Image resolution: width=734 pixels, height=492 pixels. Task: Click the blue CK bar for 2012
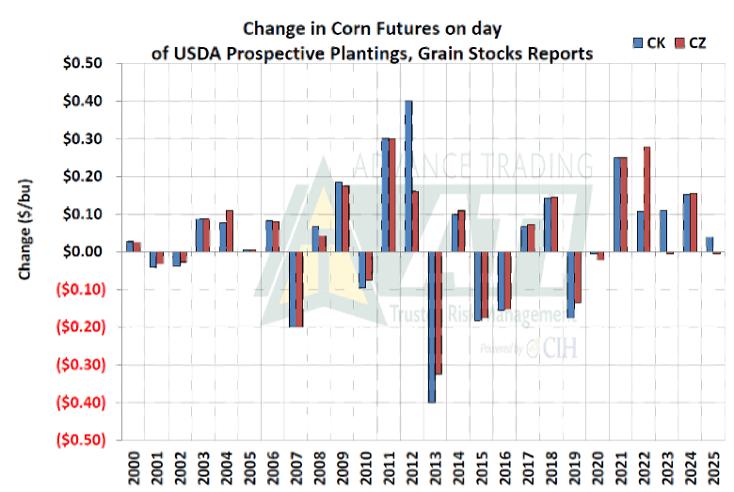(x=408, y=176)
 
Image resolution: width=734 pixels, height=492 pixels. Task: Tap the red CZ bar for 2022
(x=646, y=199)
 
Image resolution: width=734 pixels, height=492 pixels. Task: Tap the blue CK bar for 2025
(x=708, y=245)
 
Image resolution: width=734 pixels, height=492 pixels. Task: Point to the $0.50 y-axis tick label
(x=91, y=64)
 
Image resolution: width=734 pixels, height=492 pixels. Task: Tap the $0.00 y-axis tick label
(x=91, y=252)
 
